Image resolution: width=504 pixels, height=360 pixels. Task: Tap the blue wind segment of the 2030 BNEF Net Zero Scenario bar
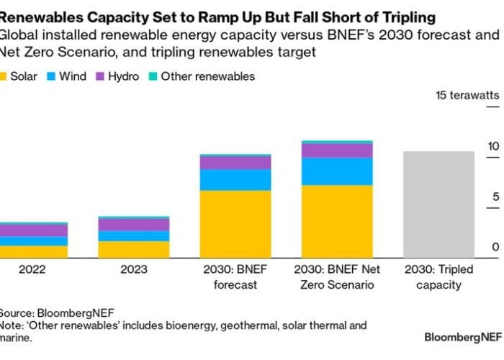(x=337, y=171)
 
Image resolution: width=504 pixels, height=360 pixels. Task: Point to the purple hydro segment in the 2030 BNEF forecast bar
(x=235, y=163)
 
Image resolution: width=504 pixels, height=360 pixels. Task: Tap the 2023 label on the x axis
(x=134, y=269)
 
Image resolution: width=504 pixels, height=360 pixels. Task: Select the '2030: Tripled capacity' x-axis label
(x=438, y=276)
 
